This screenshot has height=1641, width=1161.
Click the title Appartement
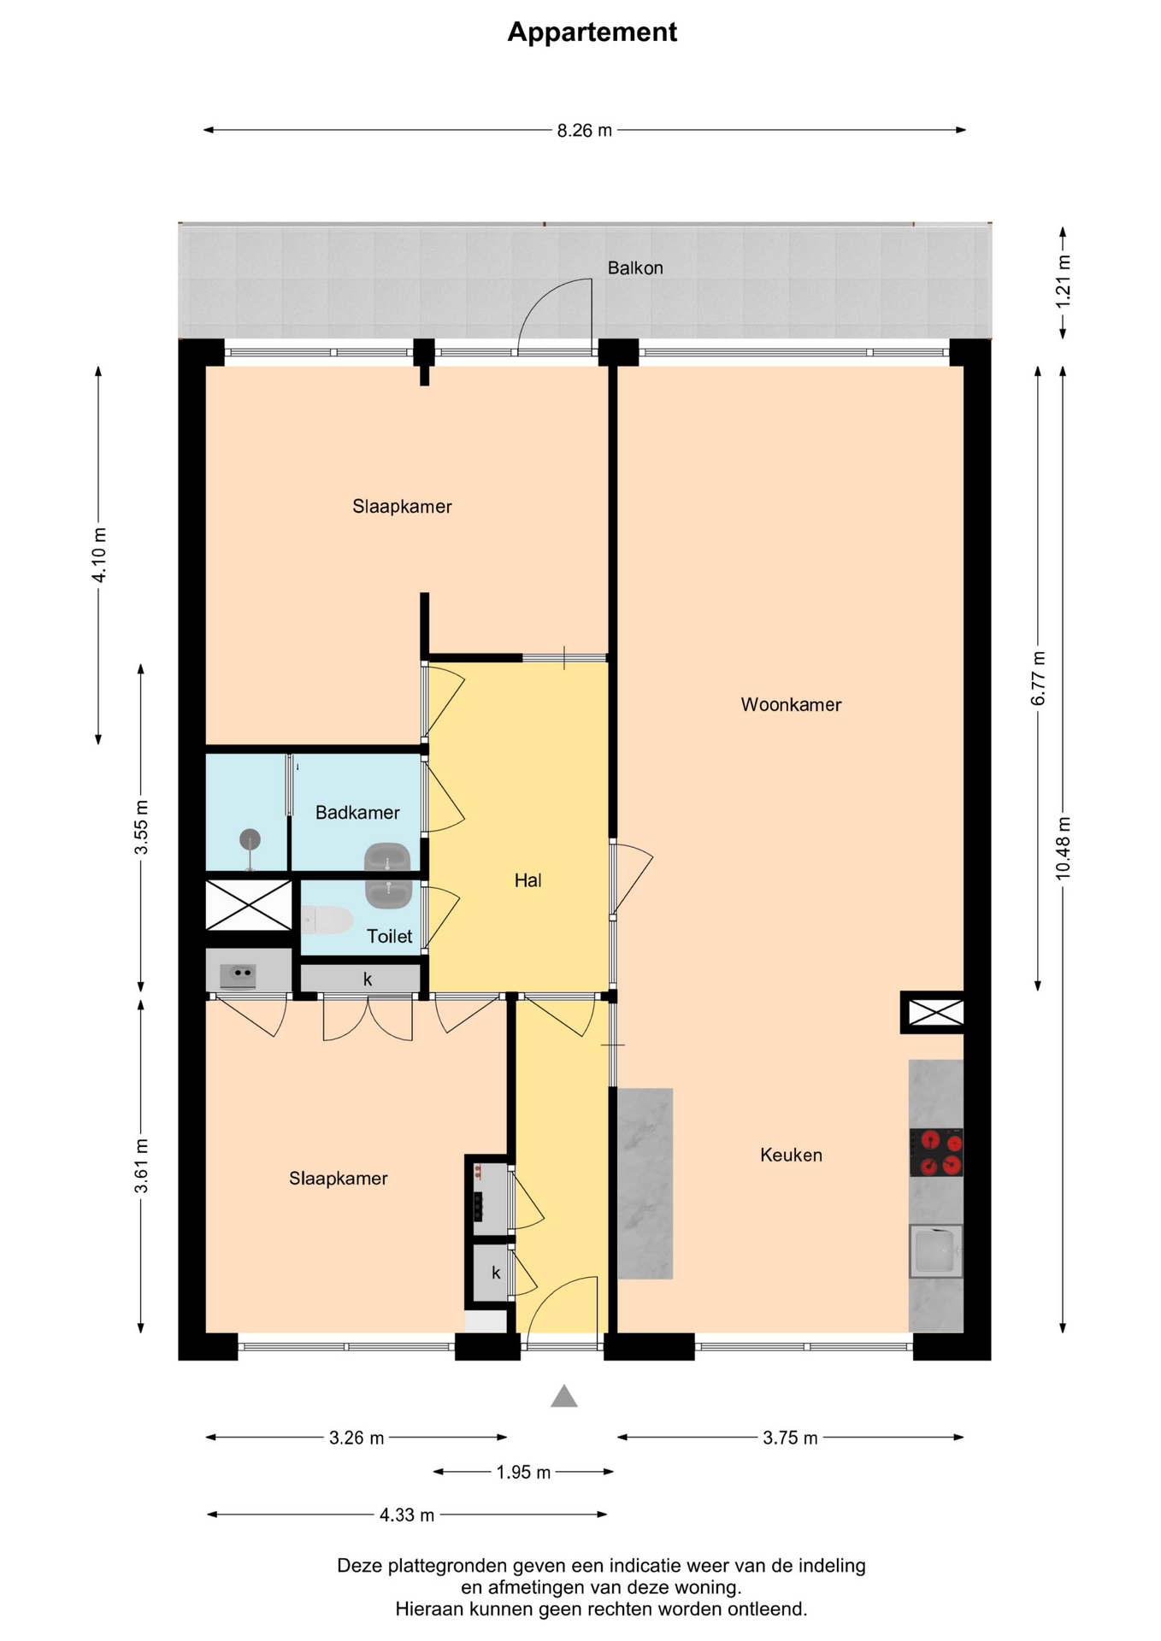tap(592, 32)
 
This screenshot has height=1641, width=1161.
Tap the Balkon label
tap(635, 268)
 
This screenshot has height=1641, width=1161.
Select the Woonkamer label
tap(791, 704)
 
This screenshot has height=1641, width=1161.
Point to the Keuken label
tap(791, 1155)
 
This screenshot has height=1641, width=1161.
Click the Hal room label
tap(527, 880)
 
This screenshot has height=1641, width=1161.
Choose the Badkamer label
tap(357, 812)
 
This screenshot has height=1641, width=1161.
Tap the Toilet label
tap(389, 936)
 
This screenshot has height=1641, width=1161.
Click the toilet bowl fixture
tap(327, 920)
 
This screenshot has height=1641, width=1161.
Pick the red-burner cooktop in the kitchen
tap(936, 1152)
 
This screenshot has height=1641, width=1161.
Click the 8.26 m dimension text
tap(585, 131)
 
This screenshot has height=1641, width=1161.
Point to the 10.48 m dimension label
tap(1063, 848)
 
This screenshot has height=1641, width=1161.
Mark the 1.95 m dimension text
tap(523, 1472)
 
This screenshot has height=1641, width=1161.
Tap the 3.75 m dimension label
tap(790, 1438)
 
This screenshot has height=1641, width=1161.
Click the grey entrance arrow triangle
tap(564, 1396)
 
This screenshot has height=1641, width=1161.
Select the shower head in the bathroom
tap(250, 839)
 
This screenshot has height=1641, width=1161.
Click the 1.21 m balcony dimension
tap(1063, 282)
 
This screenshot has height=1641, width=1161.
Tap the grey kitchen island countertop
tap(645, 1183)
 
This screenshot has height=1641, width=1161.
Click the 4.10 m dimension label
tap(99, 555)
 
